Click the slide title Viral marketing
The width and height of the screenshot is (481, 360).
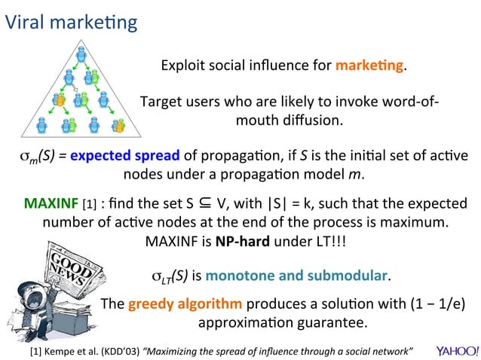coord(72,22)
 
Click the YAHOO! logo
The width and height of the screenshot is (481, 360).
coord(457,351)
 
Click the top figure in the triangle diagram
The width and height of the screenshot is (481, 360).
coord(82,53)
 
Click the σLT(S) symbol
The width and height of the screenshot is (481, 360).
coord(170,277)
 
